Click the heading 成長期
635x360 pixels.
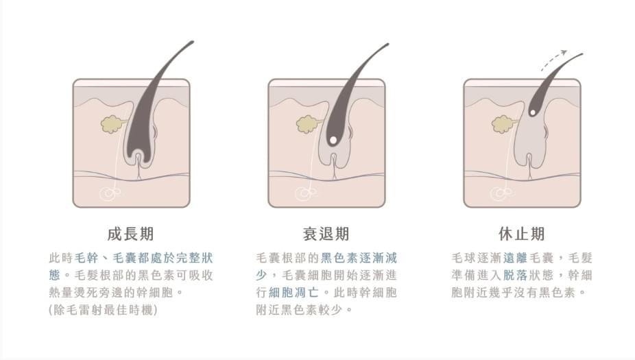click(130, 234)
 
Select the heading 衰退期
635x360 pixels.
click(326, 234)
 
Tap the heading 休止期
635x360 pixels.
click(522, 234)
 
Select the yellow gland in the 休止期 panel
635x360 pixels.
click(502, 124)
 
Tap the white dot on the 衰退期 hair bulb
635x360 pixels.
click(333, 140)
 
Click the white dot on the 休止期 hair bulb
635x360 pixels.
click(533, 112)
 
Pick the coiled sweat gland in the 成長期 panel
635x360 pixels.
click(110, 194)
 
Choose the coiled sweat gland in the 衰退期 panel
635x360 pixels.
click(305, 194)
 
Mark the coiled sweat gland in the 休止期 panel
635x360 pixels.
click(501, 194)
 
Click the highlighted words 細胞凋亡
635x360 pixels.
click(293, 292)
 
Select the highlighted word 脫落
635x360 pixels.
click(515, 276)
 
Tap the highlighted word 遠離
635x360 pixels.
click(515, 258)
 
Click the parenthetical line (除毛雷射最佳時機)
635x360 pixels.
click(104, 310)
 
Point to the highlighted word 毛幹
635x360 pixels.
click(86, 258)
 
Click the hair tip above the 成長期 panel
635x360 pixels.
click(193, 42)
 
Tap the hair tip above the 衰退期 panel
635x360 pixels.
click(387, 45)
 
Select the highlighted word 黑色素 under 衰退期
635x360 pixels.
click(339, 258)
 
